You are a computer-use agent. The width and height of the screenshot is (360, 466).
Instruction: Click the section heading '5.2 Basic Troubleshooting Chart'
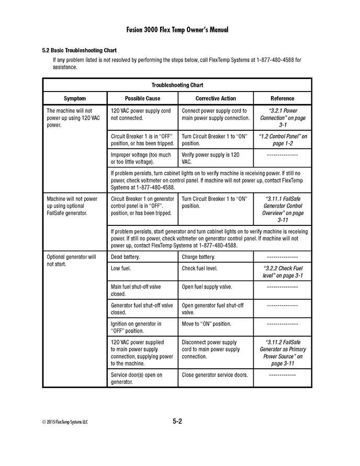tap(78, 51)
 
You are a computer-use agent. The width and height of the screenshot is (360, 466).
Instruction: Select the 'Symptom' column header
tap(75, 98)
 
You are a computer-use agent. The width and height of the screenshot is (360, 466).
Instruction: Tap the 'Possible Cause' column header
tap(142, 98)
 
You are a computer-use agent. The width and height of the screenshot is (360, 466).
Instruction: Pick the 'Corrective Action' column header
tap(216, 98)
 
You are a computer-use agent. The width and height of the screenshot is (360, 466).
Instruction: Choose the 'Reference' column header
tap(283, 98)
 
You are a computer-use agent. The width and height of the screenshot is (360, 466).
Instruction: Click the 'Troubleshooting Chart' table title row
tap(177, 85)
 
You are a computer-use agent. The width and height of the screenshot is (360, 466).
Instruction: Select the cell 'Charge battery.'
tap(198, 257)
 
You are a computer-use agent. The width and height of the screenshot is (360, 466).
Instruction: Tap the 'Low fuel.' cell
tap(121, 268)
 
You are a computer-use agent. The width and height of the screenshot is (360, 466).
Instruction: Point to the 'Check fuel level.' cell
tap(199, 268)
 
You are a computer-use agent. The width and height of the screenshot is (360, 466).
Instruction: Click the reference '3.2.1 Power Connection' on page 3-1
tap(283, 118)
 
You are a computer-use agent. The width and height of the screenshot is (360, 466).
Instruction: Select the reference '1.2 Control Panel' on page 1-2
tap(283, 140)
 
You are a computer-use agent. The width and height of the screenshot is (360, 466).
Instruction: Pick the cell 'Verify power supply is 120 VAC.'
tap(211, 158)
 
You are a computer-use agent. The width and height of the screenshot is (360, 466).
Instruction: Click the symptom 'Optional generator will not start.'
tap(71, 260)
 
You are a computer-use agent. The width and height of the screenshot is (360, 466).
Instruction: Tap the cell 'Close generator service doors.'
tap(215, 375)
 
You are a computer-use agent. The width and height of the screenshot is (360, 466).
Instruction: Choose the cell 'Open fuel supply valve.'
tap(207, 287)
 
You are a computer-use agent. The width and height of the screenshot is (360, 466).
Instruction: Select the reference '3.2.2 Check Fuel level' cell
tap(283, 272)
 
